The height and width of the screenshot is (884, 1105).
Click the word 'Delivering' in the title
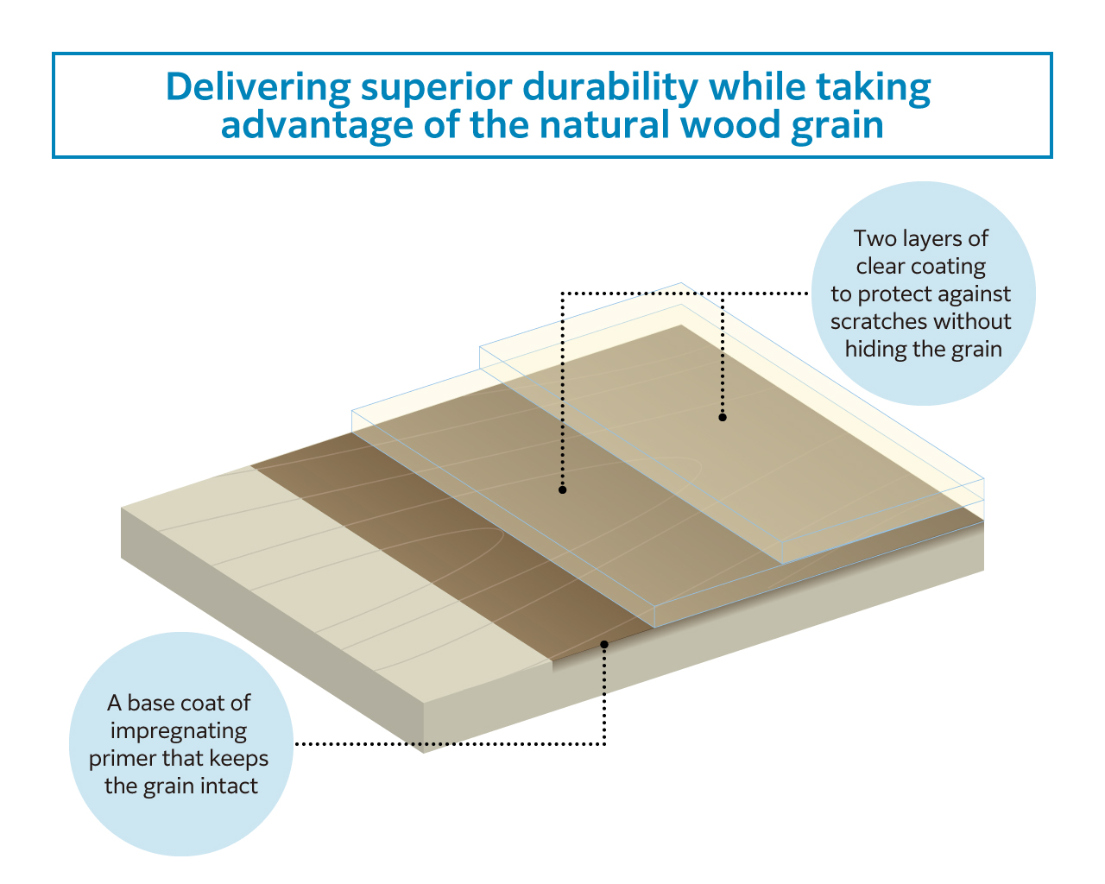[x=258, y=87]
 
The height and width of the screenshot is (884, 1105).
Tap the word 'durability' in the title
[x=610, y=87]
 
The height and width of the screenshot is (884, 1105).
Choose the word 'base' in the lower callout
[x=148, y=704]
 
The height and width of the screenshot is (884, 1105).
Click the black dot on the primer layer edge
[x=604, y=645]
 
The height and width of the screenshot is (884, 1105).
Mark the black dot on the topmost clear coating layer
[x=723, y=418]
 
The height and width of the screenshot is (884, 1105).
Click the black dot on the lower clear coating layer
[x=563, y=490]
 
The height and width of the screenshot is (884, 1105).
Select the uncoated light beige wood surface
[x=334, y=580]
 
